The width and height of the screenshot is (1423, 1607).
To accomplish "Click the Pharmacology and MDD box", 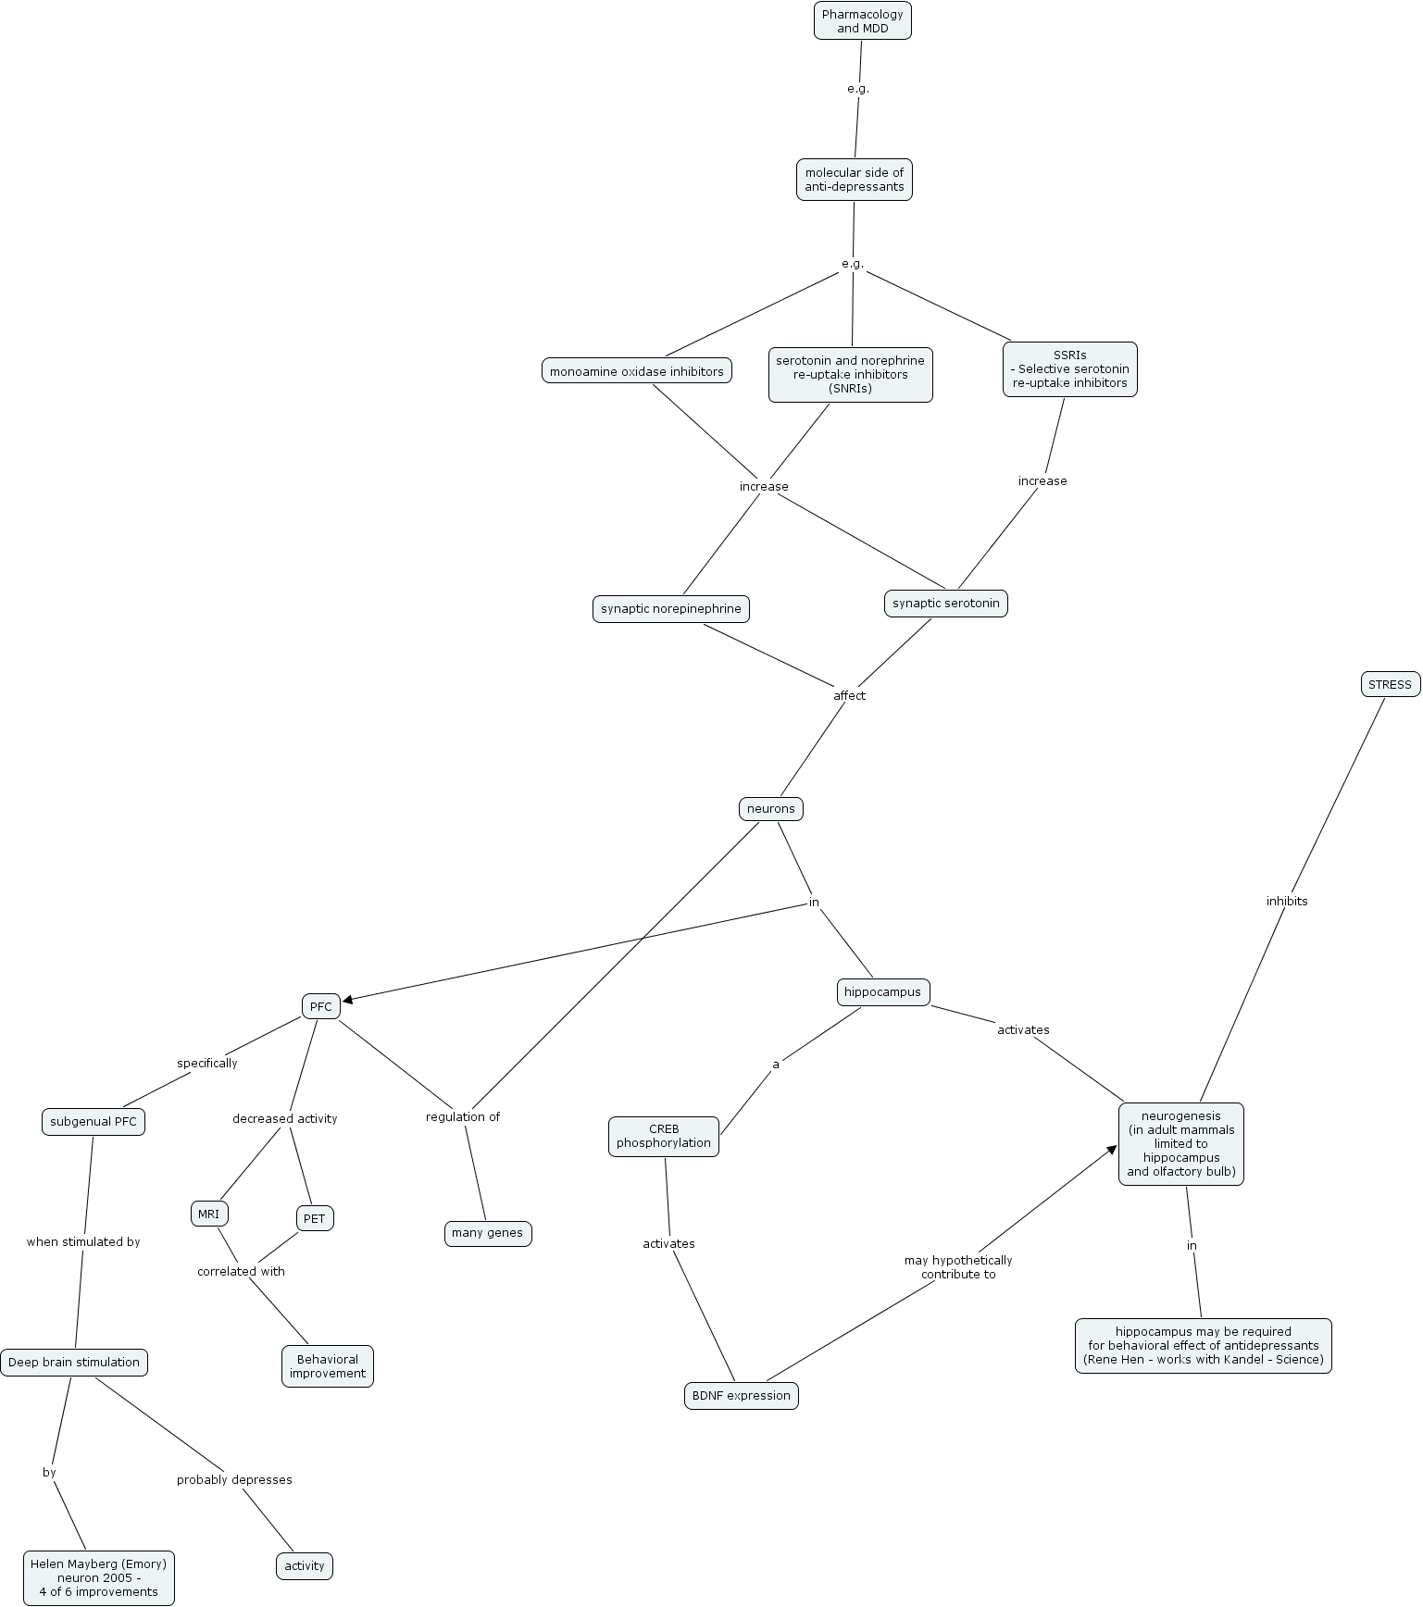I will (862, 21).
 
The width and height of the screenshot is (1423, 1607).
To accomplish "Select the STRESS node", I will (1390, 685).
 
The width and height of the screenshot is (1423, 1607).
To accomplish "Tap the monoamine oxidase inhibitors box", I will (637, 372).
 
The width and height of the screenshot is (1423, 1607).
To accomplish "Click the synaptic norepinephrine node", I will (671, 609).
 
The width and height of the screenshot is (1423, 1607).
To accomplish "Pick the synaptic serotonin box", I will (945, 604).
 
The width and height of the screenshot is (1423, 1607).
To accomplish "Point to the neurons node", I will (770, 809).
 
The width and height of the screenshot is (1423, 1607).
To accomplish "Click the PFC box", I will (320, 1006).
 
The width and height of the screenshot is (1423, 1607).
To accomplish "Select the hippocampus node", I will (882, 992).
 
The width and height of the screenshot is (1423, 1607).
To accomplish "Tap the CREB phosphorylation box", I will (664, 1136).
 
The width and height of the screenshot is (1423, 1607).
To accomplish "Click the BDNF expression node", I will (741, 1396).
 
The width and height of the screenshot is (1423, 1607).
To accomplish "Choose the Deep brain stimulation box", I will (74, 1363).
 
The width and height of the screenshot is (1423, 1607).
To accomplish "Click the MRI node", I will (208, 1214).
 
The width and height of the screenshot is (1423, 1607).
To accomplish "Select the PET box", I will (315, 1218).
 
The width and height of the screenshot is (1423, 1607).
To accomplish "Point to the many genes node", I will (488, 1233).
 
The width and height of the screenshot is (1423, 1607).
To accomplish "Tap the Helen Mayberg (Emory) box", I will (99, 1578).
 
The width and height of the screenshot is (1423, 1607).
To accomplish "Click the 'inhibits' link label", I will (1287, 901).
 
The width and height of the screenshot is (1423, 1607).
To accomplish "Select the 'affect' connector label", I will (849, 695).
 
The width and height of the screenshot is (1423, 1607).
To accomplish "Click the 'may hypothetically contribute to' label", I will (958, 1267).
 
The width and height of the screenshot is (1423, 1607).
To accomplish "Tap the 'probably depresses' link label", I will (234, 1479).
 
